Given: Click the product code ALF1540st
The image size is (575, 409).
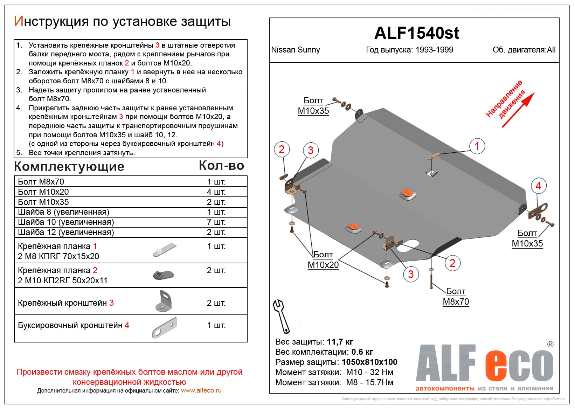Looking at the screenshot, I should click(x=416, y=33).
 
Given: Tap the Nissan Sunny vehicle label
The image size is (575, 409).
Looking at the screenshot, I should click(x=296, y=50).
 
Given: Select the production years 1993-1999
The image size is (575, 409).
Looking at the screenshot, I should click(x=434, y=50).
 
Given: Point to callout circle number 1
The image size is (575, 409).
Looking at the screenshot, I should click(x=477, y=146).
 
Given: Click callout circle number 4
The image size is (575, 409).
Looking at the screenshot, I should click(x=539, y=186).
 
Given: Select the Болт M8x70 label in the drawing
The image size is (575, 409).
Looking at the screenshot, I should click(x=456, y=297).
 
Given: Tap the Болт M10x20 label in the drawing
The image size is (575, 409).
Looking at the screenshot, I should click(x=323, y=260).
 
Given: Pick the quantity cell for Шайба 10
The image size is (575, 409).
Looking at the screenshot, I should click(x=216, y=222).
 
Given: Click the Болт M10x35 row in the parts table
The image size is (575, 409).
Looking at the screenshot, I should click(x=43, y=202).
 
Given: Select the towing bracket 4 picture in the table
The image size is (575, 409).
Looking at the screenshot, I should click(x=165, y=327).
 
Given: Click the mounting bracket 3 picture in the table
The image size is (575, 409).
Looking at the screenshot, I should click(x=164, y=301).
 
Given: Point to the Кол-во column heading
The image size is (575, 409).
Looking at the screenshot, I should click(x=221, y=166).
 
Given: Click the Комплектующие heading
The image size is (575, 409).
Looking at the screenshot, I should click(x=69, y=167).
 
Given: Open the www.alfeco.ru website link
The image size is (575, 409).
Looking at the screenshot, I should click(x=201, y=390).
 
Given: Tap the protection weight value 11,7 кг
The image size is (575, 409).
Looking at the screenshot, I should click(x=340, y=342).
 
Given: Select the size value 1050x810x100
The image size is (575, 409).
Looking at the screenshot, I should click(x=369, y=362).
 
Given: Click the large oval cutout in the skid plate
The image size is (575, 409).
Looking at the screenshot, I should click(x=408, y=245).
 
